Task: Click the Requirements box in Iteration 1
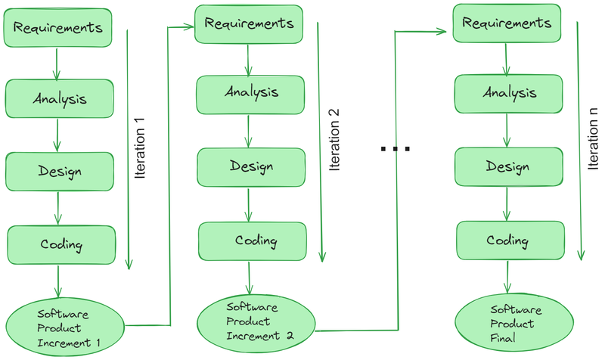(58, 28)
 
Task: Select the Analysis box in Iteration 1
(60, 98)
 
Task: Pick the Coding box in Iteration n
(507, 241)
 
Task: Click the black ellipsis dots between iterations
(395, 149)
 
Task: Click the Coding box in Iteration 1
(61, 244)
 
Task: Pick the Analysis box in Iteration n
(507, 94)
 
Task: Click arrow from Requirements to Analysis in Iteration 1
(57, 63)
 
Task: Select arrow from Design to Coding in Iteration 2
(250, 204)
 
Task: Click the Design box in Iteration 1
(60, 170)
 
